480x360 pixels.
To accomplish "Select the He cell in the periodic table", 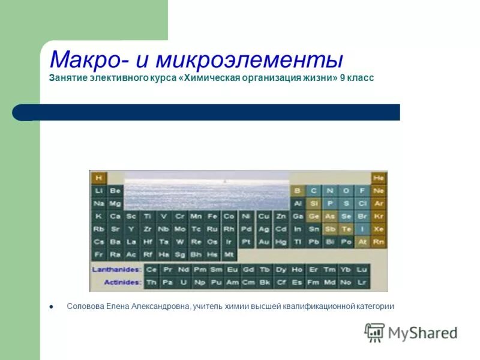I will (x=379, y=178).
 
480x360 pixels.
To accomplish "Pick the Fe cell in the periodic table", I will (x=212, y=216).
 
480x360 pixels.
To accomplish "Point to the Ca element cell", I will (x=115, y=216).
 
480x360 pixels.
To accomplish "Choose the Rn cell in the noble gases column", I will (x=379, y=242).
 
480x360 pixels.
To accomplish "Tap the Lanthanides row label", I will (x=116, y=270).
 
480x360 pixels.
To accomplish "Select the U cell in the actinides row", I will (x=184, y=282).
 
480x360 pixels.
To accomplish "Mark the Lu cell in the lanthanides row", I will (x=361, y=270).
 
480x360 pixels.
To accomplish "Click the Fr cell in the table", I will (x=98, y=254).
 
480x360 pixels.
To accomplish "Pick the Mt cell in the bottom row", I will (x=229, y=254).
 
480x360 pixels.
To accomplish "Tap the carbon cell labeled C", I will (x=313, y=191).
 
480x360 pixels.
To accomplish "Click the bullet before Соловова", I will (x=52, y=306).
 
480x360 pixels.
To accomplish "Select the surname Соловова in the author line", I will (x=85, y=306).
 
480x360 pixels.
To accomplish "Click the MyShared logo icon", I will (x=374, y=332).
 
